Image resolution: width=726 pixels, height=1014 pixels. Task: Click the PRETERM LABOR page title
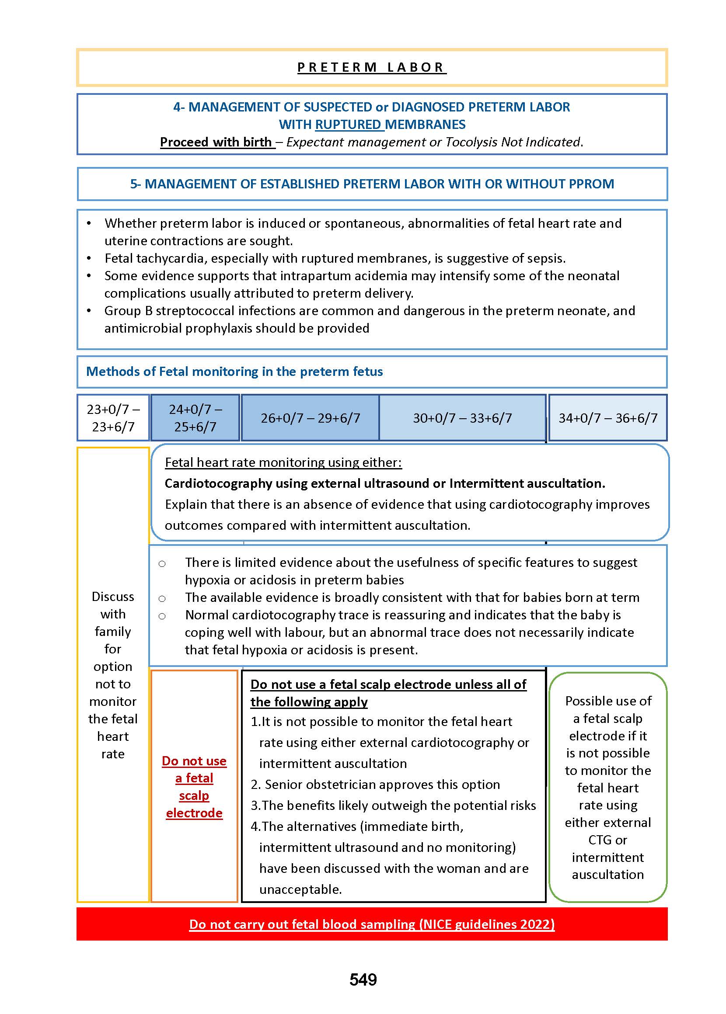[371, 67]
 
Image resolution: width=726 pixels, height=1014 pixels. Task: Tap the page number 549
[363, 979]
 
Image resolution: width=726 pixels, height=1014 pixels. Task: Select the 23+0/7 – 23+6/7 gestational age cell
[113, 418]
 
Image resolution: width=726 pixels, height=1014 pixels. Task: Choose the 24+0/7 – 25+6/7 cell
[195, 418]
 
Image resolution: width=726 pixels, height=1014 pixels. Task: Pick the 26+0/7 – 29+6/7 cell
[310, 418]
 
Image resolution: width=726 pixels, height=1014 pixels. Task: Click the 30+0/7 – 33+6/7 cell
[462, 418]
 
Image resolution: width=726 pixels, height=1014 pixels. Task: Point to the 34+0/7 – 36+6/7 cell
[607, 418]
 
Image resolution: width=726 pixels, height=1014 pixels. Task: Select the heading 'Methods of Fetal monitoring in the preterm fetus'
[234, 372]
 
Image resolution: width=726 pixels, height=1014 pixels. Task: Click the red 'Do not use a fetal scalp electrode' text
[194, 787]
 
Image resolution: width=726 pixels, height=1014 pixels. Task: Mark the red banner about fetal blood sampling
[371, 924]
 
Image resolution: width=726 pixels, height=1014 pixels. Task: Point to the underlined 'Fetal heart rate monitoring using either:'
[283, 462]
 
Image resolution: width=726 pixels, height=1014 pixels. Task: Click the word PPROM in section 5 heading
[590, 184]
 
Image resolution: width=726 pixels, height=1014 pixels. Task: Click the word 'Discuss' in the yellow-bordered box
[113, 597]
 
